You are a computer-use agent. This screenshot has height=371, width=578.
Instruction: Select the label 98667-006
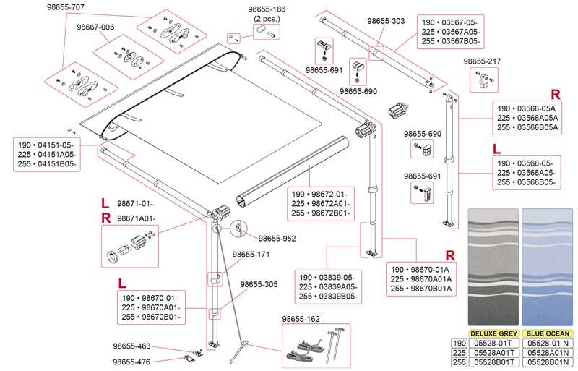tap(95, 26)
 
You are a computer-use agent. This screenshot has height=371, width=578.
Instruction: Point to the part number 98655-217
tap(482, 61)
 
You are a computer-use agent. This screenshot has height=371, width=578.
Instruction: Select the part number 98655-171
tap(251, 255)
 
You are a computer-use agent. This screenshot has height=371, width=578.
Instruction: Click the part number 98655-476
tap(131, 361)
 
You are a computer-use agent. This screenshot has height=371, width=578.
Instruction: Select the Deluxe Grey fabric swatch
tap(493, 268)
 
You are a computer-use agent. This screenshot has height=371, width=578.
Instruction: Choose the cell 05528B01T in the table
tap(493, 362)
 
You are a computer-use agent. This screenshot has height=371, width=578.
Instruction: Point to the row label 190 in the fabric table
tap(458, 343)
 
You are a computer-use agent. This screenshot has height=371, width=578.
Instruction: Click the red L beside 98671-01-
tap(105, 202)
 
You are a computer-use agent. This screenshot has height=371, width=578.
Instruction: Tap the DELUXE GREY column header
tap(493, 333)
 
